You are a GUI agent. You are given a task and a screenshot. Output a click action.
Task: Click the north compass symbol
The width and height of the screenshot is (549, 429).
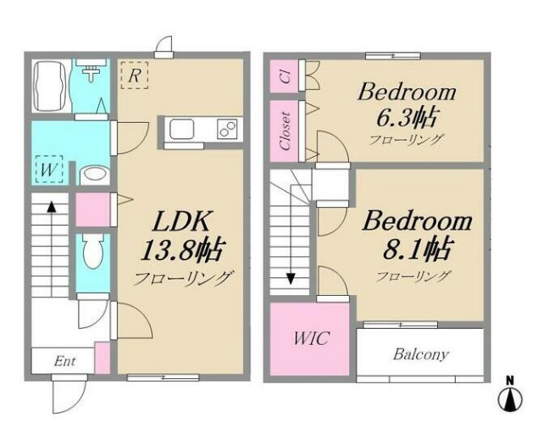(x=510, y=394)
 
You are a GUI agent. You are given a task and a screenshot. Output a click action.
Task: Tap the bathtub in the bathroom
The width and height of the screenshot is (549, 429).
(x=50, y=86)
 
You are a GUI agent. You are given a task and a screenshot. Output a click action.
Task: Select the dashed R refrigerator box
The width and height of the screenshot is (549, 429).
(x=134, y=75)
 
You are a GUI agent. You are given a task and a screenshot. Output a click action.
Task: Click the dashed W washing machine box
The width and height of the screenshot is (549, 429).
(x=49, y=170)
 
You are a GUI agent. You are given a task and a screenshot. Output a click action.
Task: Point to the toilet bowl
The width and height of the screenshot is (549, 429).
(x=92, y=251)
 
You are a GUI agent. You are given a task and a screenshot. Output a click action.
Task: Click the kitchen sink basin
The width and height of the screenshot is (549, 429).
(x=181, y=129)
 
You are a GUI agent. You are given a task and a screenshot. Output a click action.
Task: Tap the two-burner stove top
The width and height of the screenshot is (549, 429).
(x=227, y=129)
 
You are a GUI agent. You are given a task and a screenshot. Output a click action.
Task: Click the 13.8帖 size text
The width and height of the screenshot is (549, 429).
(x=181, y=249)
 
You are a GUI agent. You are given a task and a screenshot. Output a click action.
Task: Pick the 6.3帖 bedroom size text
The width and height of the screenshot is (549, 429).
(x=406, y=117)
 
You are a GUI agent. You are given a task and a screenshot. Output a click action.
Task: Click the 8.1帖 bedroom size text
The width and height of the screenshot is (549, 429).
(x=417, y=248)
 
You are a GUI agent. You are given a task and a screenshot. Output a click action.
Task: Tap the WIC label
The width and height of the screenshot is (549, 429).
(x=311, y=338)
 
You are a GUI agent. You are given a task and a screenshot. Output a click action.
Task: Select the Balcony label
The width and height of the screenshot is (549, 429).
(x=420, y=354)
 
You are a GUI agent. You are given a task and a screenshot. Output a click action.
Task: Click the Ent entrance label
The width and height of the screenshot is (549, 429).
(x=64, y=361)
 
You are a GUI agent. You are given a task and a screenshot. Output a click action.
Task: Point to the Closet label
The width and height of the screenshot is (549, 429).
(x=286, y=131)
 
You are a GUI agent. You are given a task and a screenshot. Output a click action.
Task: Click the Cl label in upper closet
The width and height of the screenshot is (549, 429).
(x=286, y=76)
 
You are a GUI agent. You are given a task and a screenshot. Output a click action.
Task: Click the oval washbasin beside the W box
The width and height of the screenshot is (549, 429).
(x=95, y=174)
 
